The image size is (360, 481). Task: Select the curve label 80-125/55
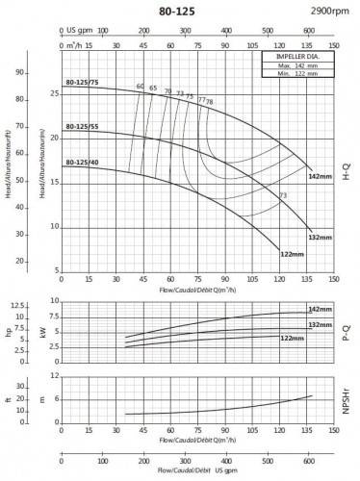(x=82, y=126)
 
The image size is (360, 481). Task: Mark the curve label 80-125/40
(x=82, y=163)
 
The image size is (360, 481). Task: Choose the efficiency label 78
(x=210, y=101)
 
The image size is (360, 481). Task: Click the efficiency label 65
(x=153, y=89)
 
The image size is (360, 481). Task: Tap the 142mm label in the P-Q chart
(x=318, y=309)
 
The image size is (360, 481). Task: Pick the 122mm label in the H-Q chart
(x=291, y=253)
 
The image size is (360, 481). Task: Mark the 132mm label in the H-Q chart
(x=319, y=237)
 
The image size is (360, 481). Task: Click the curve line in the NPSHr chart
(x=241, y=406)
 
